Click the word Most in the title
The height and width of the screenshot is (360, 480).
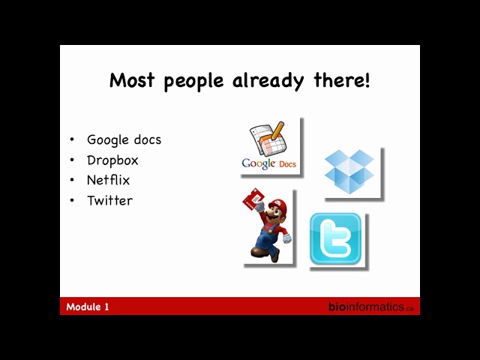pyautogui.click(x=132, y=80)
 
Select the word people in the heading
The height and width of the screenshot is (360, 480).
pyautogui.click(x=193, y=82)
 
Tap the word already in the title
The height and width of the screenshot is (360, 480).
pyautogui.click(x=268, y=82)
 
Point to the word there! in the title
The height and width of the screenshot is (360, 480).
pyautogui.click(x=342, y=80)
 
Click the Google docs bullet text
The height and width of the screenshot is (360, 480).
pyautogui.click(x=124, y=140)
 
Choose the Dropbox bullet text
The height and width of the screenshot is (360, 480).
pyautogui.click(x=112, y=160)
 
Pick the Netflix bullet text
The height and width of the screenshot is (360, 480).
pyautogui.click(x=108, y=180)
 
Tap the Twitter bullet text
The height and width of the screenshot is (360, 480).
pyautogui.click(x=110, y=200)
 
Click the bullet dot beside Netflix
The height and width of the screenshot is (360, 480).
pyautogui.click(x=72, y=180)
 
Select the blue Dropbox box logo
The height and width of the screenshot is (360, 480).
pyautogui.click(x=349, y=172)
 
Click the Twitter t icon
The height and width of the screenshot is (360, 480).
pyautogui.click(x=335, y=238)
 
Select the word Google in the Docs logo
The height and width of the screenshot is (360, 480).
pyautogui.click(x=258, y=163)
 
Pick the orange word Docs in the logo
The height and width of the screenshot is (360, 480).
pyautogui.click(x=287, y=164)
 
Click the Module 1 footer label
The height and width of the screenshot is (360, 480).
pyautogui.click(x=88, y=307)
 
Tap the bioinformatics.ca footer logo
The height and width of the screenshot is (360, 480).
pyautogui.click(x=371, y=307)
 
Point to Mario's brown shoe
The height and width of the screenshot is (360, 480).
pyautogui.click(x=275, y=255)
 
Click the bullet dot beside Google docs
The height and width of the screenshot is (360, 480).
pyautogui.click(x=72, y=140)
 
